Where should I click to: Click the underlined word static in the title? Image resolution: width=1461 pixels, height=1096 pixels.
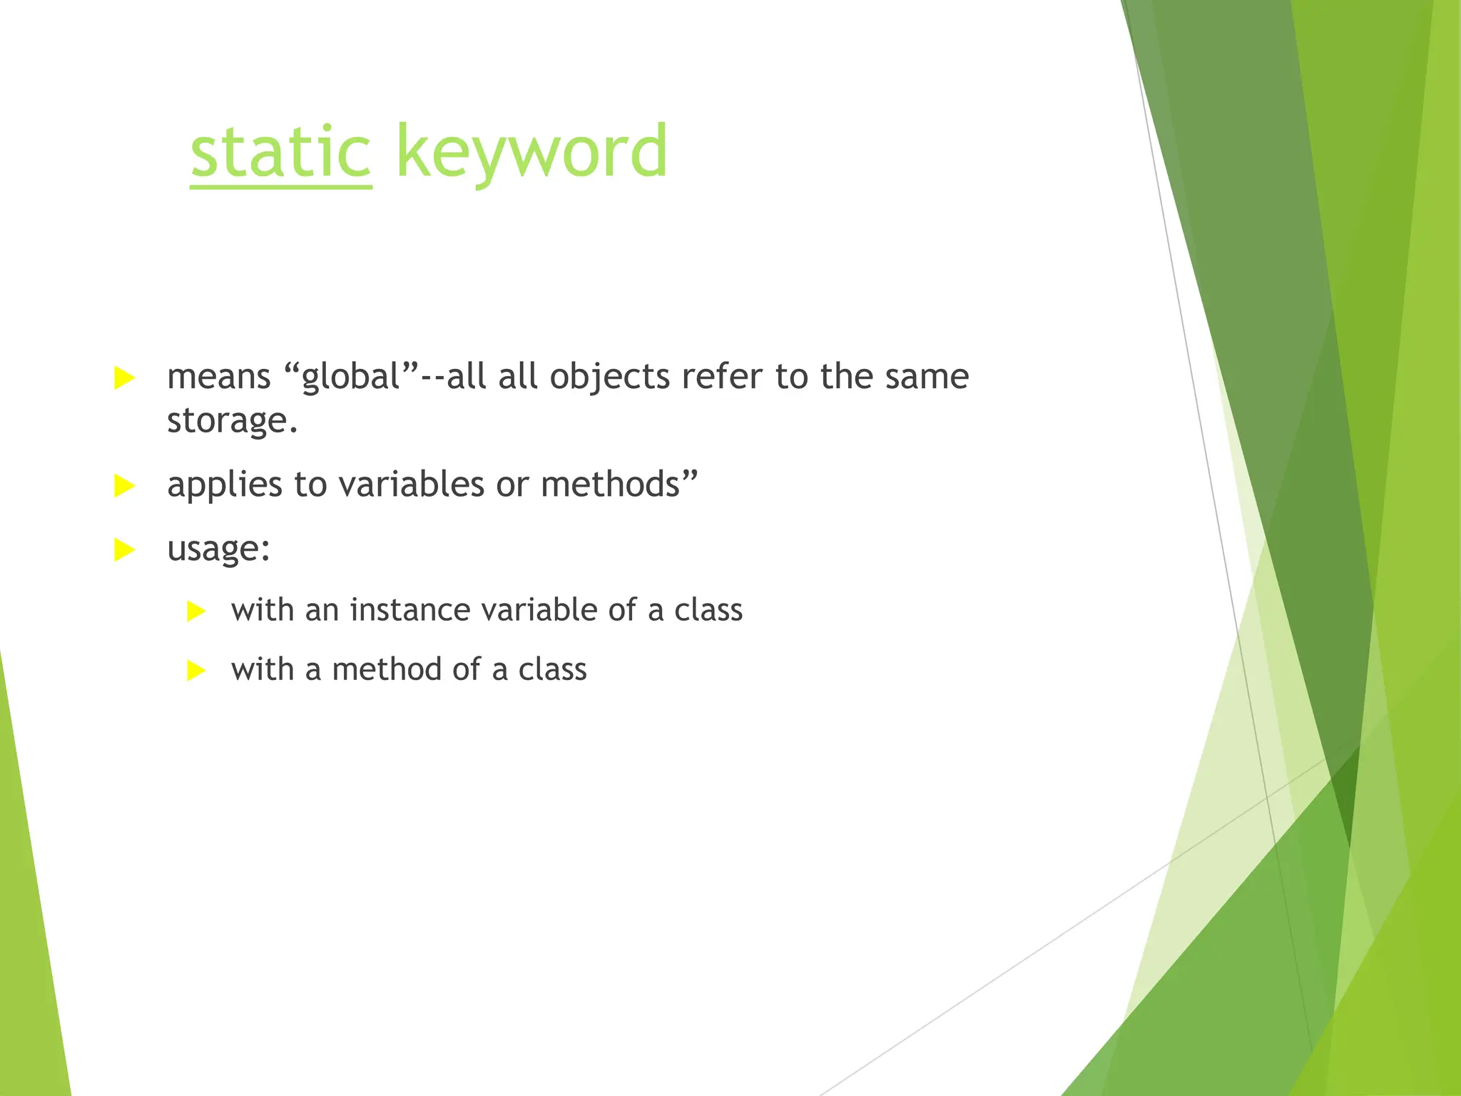click(280, 152)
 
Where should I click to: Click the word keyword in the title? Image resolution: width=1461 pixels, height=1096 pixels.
click(531, 152)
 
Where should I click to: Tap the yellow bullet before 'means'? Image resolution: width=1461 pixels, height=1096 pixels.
click(124, 378)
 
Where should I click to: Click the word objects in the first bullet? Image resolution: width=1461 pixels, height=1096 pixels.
click(609, 377)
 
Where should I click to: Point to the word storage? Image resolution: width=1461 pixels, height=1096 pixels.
click(231, 421)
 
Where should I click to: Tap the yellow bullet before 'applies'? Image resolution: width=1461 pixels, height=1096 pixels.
click(124, 487)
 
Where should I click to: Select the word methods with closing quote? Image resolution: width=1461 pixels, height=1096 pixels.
click(618, 484)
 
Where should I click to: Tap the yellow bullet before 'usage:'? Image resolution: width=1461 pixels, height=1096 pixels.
click(124, 550)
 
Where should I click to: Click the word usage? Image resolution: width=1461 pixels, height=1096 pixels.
click(218, 549)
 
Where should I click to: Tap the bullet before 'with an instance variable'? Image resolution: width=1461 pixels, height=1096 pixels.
click(195, 612)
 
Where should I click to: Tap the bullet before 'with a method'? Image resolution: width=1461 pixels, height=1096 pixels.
click(195, 671)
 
